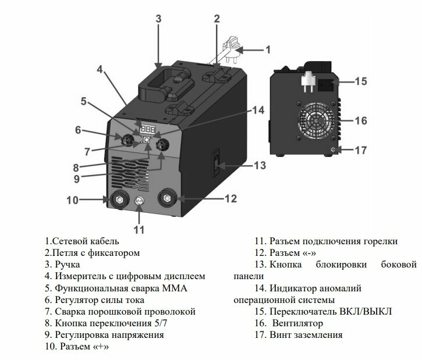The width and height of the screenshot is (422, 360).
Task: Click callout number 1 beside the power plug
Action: (268, 49)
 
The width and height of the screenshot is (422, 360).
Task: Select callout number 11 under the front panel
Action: (139, 229)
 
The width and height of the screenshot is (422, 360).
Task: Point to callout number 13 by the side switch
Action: (259, 166)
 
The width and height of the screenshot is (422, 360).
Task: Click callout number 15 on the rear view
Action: (361, 81)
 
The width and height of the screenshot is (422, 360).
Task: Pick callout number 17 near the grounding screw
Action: (361, 150)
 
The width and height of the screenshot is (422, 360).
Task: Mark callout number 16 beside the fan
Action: (361, 121)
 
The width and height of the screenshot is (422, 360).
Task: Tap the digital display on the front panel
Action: (148, 129)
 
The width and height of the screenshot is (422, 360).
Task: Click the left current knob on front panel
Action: (125, 140)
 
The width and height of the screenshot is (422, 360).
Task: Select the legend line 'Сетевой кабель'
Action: (81, 241)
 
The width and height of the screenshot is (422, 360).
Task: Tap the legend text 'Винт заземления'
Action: (306, 335)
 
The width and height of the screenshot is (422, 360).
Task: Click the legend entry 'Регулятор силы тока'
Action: (104, 300)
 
